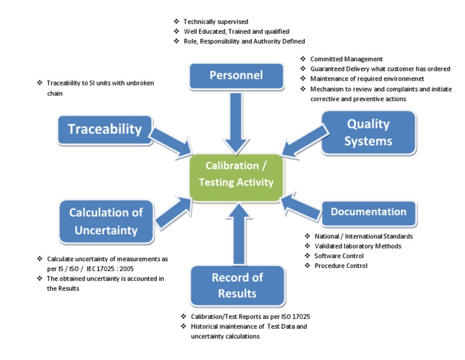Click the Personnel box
(236, 76)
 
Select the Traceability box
(105, 129)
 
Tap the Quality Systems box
(369, 132)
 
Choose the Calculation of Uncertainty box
(106, 221)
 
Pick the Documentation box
(368, 212)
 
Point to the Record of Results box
(237, 285)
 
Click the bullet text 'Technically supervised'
(216, 22)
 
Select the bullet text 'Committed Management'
(346, 59)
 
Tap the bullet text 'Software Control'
(339, 256)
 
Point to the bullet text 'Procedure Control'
(341, 265)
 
